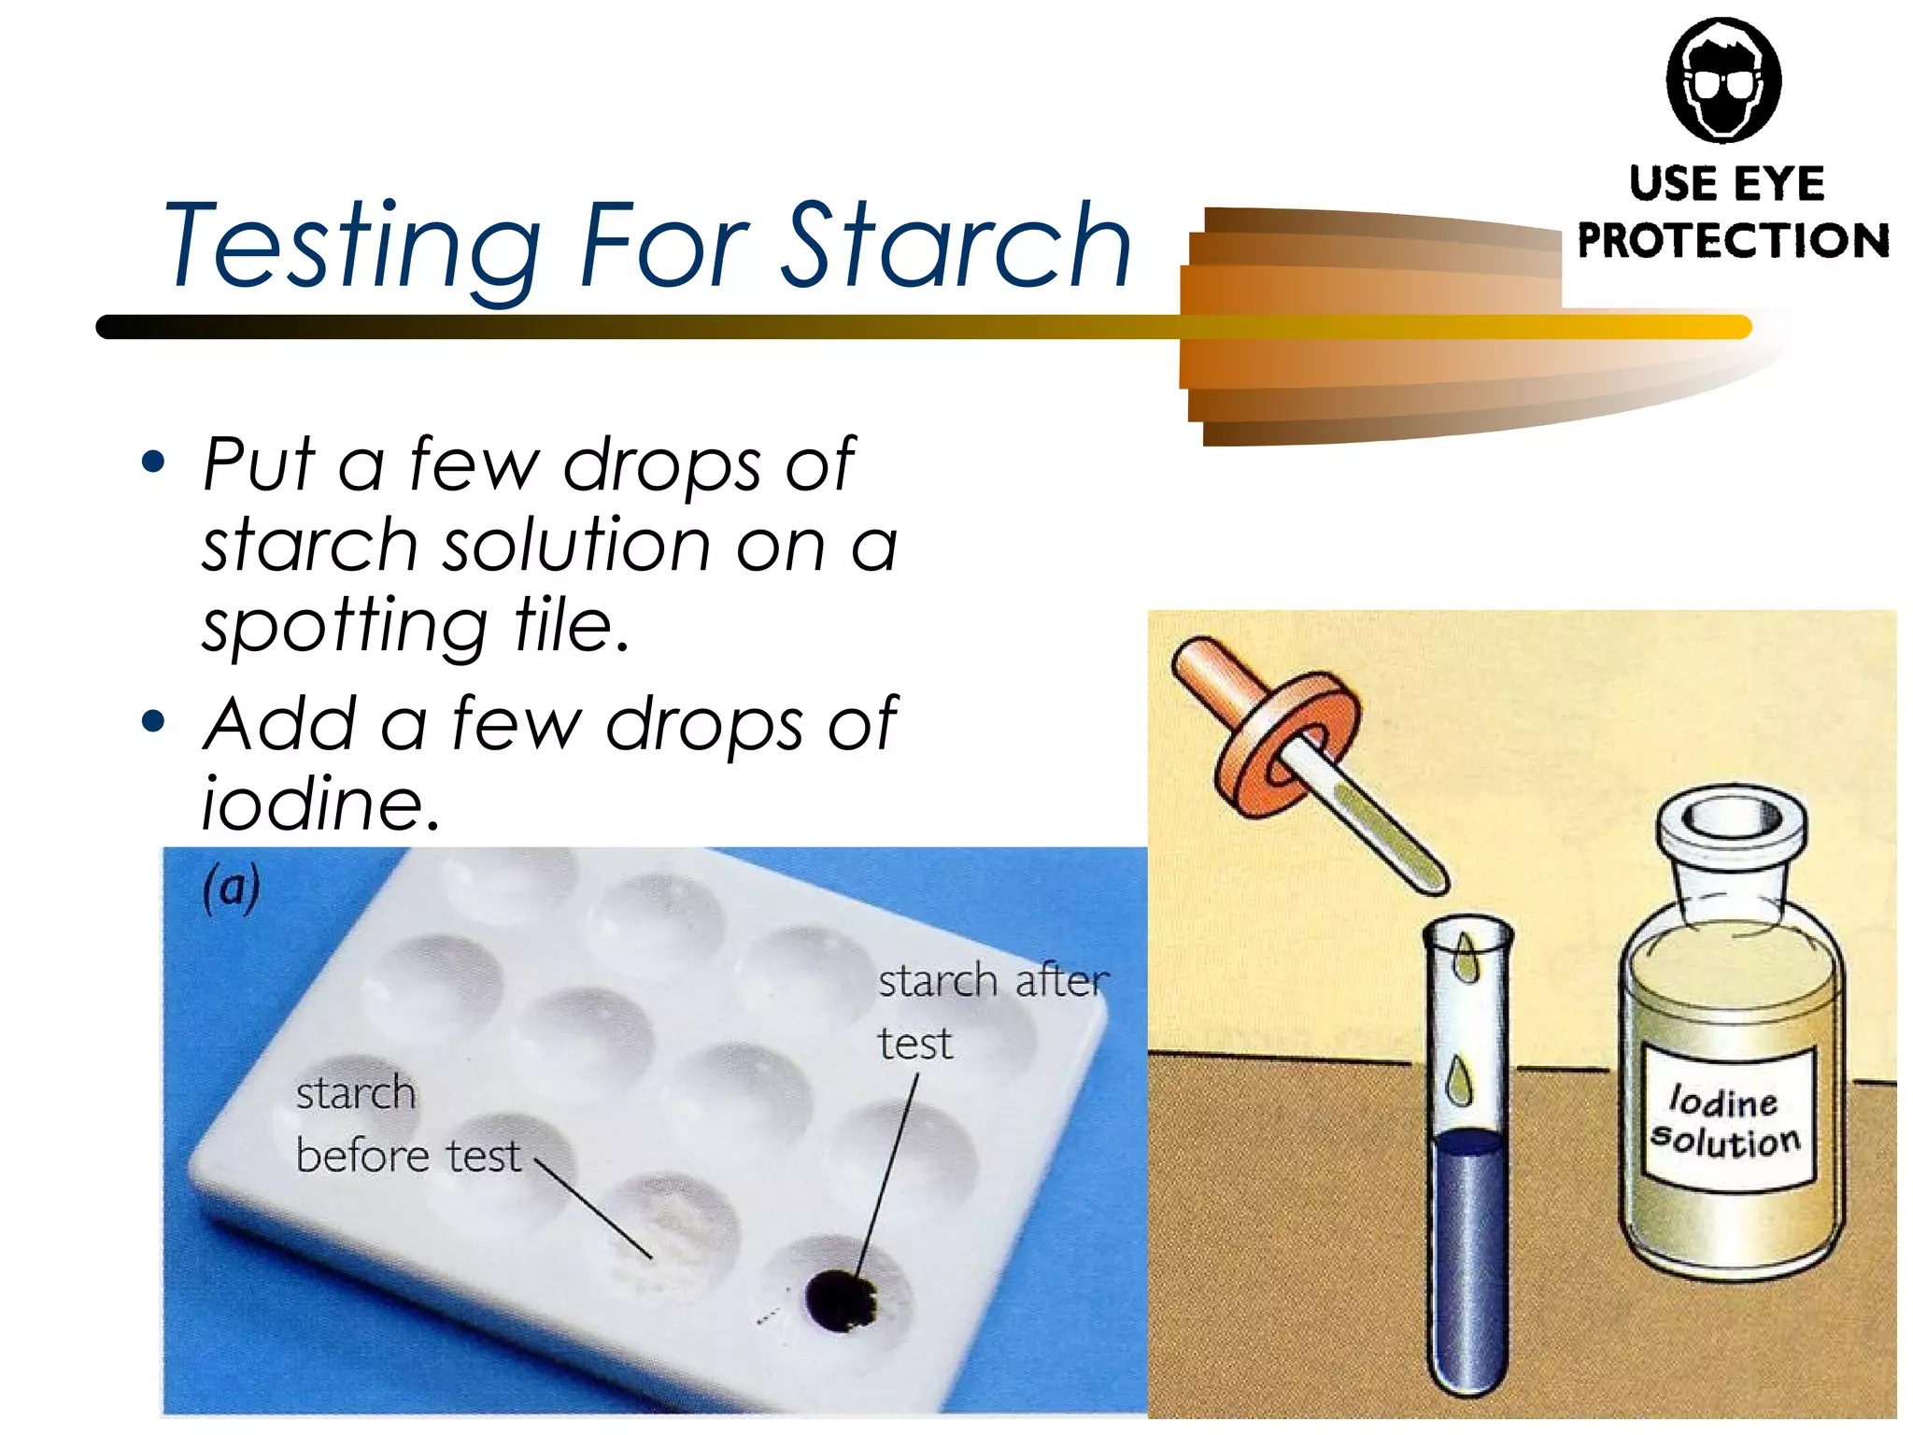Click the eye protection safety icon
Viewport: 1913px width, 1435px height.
click(1723, 80)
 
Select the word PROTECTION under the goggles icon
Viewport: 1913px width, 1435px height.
click(1733, 240)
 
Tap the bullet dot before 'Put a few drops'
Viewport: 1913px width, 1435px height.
click(153, 462)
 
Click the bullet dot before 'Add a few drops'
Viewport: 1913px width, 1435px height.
click(153, 721)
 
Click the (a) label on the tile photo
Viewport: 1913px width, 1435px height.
click(231, 888)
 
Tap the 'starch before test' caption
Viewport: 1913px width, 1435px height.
click(406, 1125)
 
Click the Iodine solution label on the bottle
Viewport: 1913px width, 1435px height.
click(1724, 1122)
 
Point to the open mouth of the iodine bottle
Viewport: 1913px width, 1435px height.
click(1729, 820)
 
